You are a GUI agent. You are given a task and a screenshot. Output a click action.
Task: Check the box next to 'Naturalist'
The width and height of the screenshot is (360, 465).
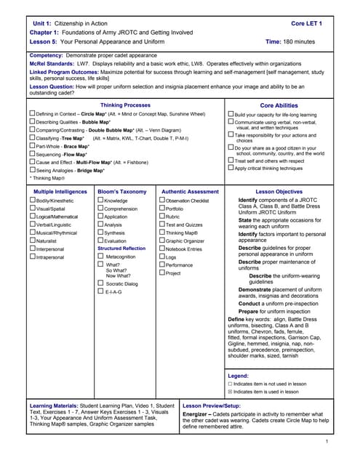point(33,240)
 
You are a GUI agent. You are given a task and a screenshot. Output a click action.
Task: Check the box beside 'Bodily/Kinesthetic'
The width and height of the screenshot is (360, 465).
point(33,200)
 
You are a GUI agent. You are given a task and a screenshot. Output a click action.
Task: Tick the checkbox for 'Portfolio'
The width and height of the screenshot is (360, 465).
point(162,208)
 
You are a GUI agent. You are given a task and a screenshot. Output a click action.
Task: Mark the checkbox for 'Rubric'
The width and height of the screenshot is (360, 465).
point(162,216)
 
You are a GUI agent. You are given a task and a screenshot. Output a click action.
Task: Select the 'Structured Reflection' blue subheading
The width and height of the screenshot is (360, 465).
point(121,248)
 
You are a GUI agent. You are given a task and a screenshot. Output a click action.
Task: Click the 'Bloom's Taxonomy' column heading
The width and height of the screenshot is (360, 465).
point(121,191)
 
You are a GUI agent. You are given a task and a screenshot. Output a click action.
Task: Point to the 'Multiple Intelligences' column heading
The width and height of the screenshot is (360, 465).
point(60,191)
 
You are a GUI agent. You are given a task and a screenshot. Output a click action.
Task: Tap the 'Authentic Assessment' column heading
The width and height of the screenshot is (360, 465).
point(190,191)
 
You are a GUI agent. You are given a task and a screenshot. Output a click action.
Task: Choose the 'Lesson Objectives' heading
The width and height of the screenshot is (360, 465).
point(279,191)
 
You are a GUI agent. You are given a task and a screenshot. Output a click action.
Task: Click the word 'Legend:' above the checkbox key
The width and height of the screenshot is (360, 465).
point(238,376)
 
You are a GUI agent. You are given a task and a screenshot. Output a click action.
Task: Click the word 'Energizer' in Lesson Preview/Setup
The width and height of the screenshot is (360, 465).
point(199,414)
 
